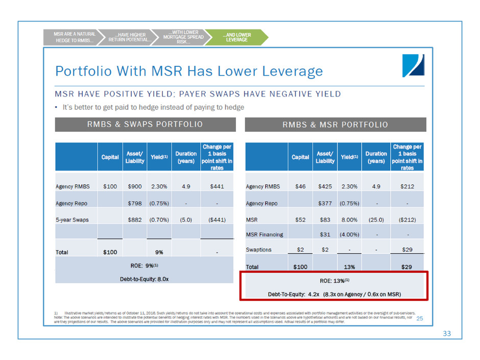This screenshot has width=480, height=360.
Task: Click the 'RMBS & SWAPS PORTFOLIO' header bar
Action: point(146,125)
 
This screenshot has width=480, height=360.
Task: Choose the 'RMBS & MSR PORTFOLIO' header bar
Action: point(335,125)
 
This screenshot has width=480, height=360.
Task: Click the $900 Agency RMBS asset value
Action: point(135,186)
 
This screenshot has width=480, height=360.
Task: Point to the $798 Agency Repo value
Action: point(135,203)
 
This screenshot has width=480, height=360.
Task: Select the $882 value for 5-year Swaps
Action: point(135,220)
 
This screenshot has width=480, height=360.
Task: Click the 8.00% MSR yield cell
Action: point(349,220)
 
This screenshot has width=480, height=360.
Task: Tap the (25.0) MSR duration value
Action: point(376,220)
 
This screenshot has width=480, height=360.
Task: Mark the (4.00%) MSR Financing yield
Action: point(349,234)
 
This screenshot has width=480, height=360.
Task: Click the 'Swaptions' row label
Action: point(259,250)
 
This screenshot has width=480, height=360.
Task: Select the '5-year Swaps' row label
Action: point(72,220)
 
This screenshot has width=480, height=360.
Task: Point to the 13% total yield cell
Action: point(349,267)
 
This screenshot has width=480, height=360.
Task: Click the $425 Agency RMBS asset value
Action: point(325,186)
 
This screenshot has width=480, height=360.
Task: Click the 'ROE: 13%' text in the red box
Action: point(334,280)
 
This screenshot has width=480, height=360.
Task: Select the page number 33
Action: point(447,334)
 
